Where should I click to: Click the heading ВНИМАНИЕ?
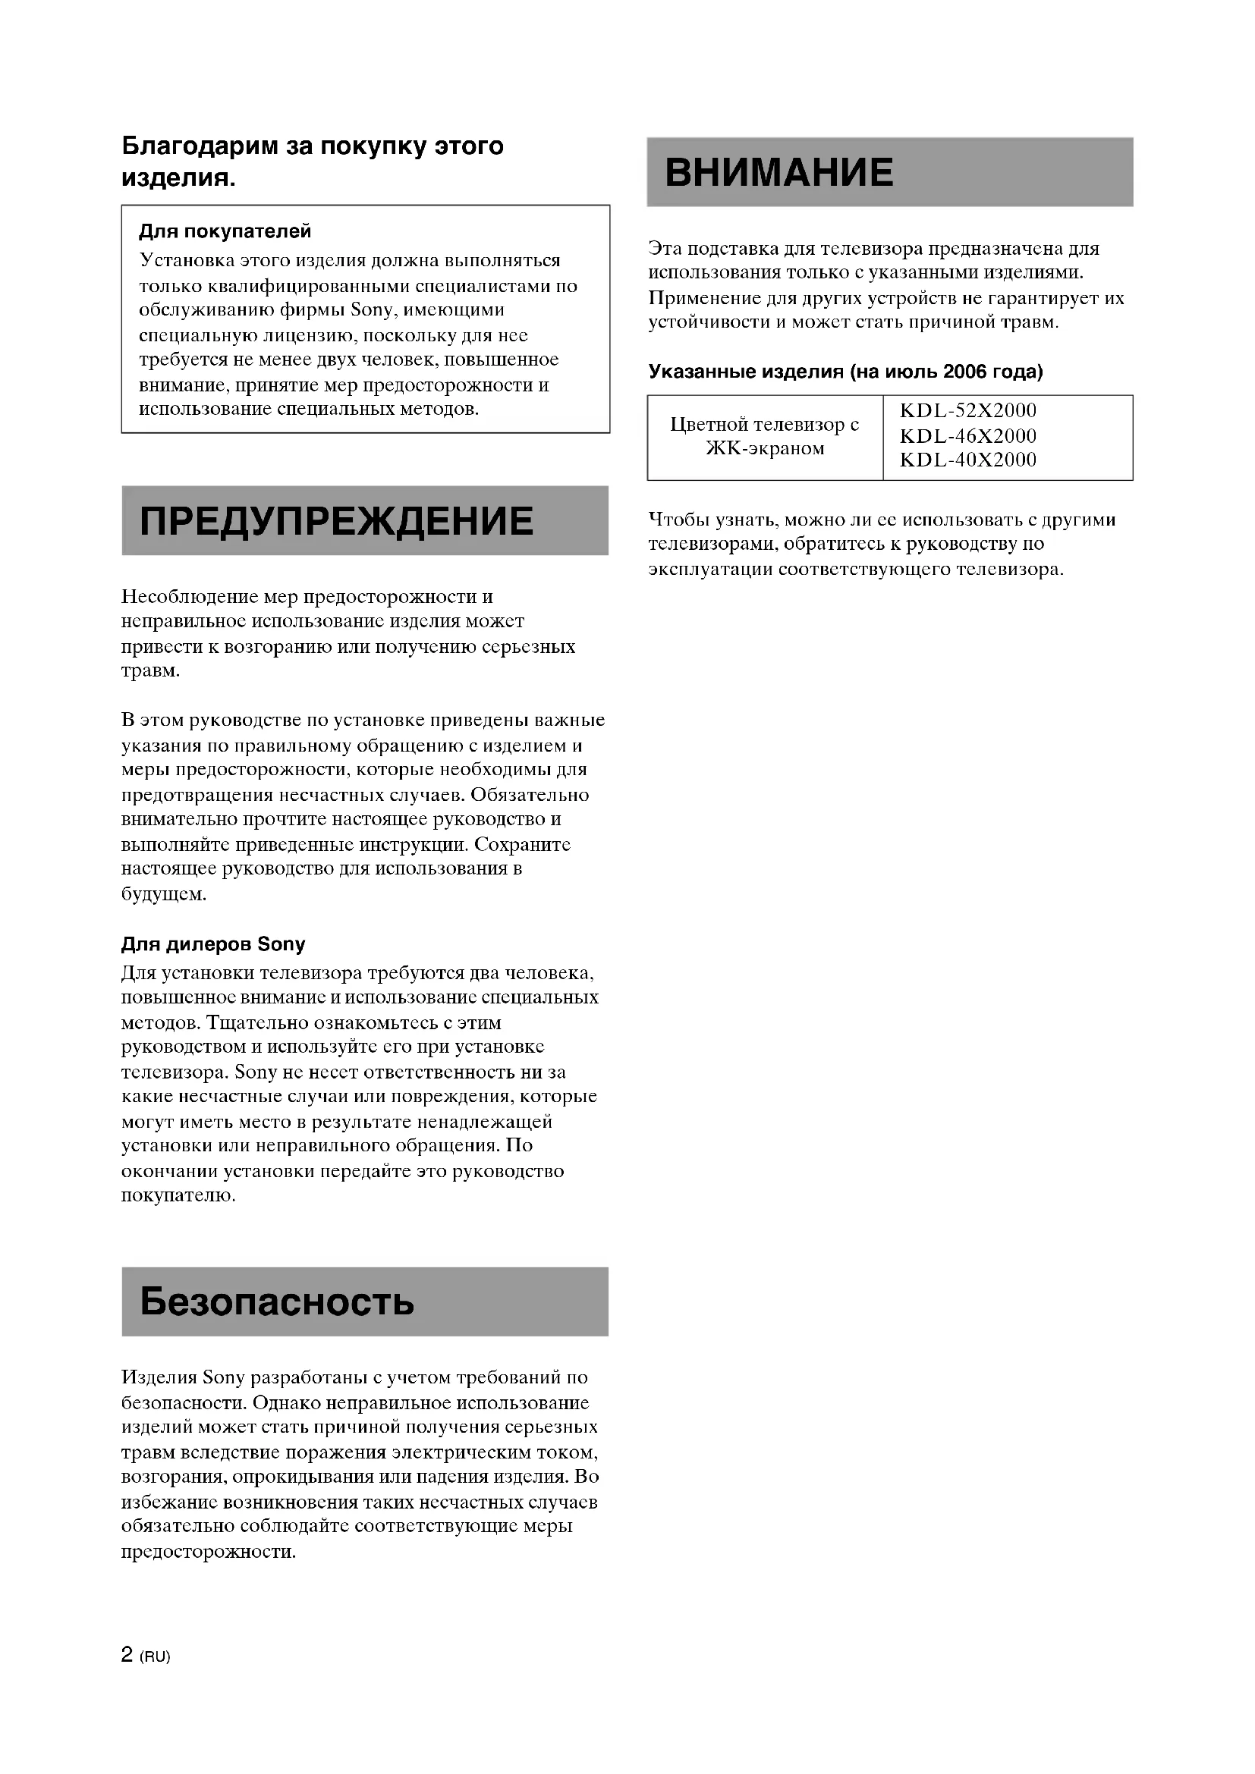[778, 172]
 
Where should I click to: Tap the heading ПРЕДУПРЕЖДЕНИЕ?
[336, 521]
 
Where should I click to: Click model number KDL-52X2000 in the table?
[967, 410]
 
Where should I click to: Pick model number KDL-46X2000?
[967, 436]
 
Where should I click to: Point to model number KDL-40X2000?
[967, 460]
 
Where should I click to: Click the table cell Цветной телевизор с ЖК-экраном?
[764, 437]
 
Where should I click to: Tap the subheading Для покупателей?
[225, 231]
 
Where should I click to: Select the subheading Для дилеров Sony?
[213, 944]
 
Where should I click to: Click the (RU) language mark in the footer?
[156, 1656]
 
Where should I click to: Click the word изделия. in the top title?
[178, 178]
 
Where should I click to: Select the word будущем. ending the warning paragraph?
[164, 894]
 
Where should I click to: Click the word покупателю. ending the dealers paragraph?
[178, 1196]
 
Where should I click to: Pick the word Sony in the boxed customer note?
[373, 311]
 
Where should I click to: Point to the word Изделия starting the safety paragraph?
[159, 1377]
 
